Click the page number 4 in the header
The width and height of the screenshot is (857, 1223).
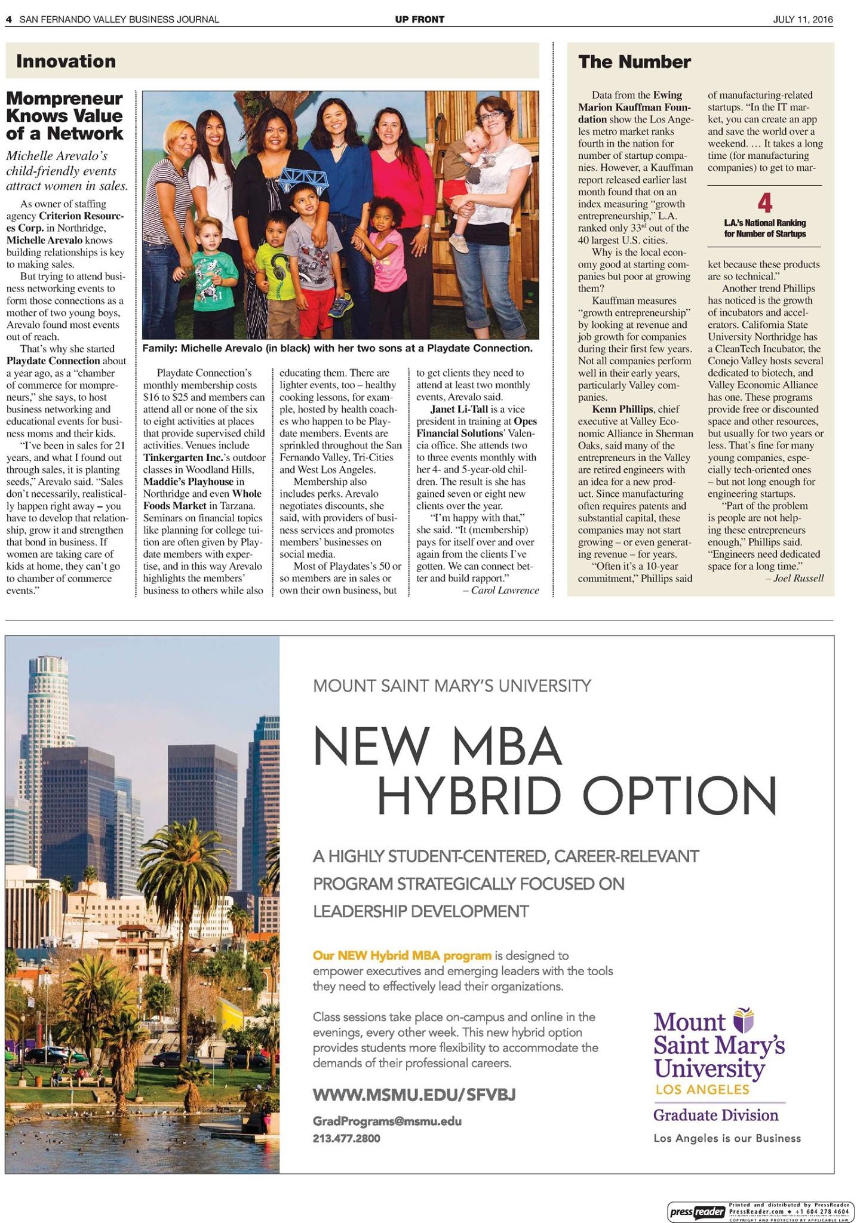[x=9, y=19]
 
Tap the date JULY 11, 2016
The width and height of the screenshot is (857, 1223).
[x=802, y=19]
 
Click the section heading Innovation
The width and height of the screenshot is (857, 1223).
[x=66, y=61]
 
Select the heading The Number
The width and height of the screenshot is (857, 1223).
[x=634, y=62]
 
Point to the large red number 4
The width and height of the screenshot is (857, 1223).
[x=764, y=204]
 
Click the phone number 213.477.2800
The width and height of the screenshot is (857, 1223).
[x=346, y=1138]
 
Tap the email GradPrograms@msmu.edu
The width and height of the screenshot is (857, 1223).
[x=387, y=1121]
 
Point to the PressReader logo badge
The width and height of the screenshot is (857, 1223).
[x=697, y=1212]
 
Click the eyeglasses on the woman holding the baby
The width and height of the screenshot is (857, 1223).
[x=494, y=115]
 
